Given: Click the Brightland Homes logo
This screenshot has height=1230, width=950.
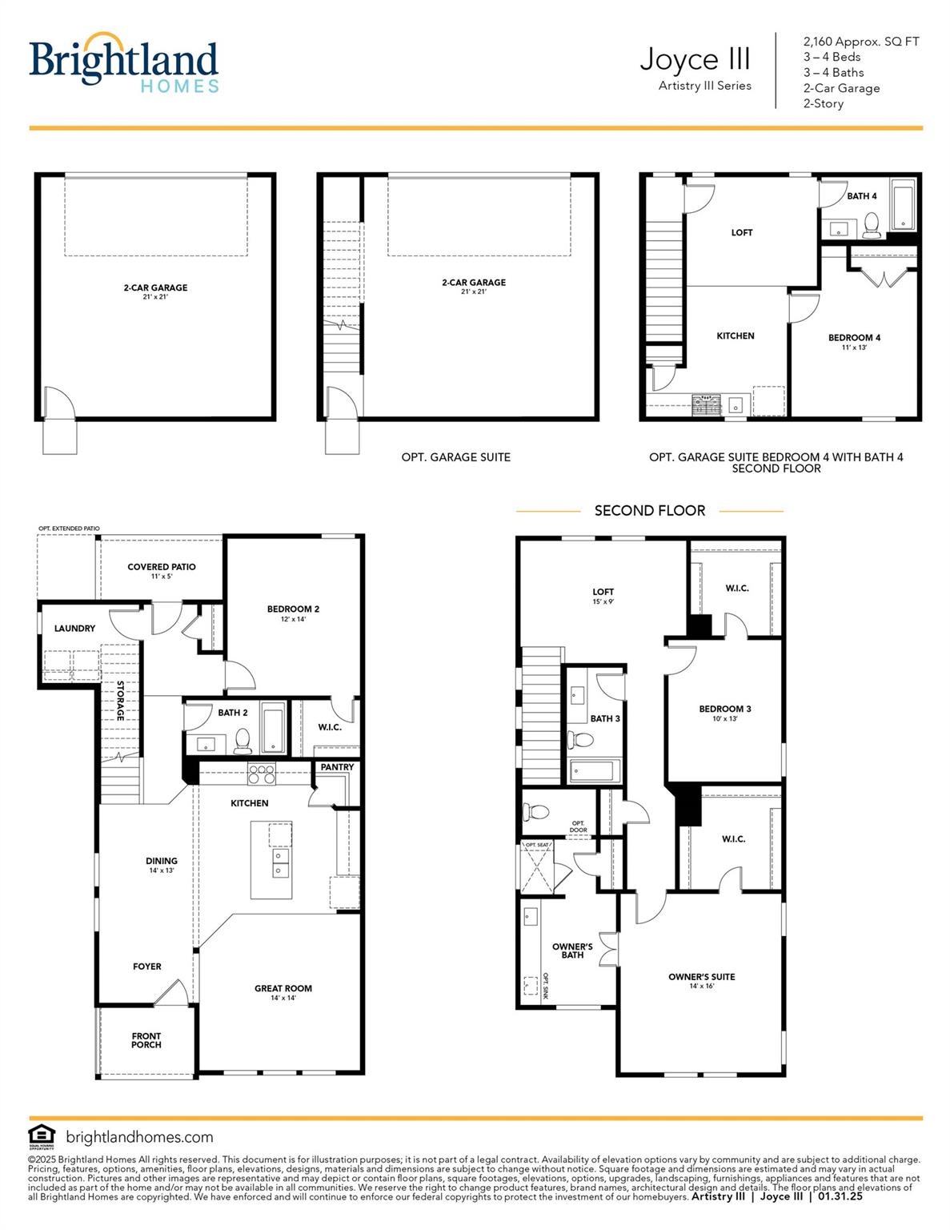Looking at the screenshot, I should coord(123,63).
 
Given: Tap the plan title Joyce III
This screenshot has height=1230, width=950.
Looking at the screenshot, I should coord(695,59).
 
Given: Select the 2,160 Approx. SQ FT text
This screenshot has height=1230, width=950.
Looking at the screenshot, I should coord(861,42).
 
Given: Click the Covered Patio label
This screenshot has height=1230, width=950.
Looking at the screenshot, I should coord(161,567).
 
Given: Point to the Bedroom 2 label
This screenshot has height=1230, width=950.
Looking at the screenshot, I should coord(293,609).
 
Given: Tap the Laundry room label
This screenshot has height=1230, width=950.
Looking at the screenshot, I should coord(74,629).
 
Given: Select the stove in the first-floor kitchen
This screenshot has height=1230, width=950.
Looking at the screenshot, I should coord(261,774).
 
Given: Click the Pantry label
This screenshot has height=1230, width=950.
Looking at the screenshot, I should coord(337,767).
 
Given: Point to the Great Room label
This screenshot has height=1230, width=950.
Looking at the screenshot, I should coord(283,988).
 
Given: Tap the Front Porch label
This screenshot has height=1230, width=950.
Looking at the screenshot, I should coord(146,1040).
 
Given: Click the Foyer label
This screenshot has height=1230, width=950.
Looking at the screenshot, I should coord(147,967).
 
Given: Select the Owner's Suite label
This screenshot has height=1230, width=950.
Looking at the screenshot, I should coord(701,977).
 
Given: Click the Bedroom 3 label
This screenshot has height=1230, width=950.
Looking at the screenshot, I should coord(724,709).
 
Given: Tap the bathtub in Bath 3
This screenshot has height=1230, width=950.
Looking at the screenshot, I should coord(592,771).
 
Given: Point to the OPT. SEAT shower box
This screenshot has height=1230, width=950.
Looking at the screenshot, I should coord(536,869).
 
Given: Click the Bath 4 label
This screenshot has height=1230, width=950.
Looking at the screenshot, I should coord(862,196).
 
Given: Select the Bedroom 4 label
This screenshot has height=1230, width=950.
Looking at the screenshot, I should coord(854,338).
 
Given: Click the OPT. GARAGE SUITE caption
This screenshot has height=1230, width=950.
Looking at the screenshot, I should coord(455,457).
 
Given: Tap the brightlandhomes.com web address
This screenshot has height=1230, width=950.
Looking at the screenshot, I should coord(139,1137).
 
